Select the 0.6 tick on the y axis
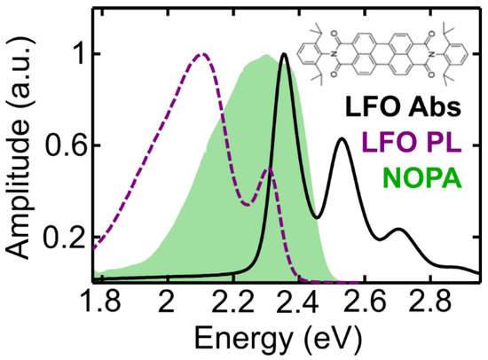[x=65, y=146]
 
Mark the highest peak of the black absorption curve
[x=284, y=54]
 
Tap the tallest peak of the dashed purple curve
[x=201, y=54]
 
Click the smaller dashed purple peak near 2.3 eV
[x=268, y=169]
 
